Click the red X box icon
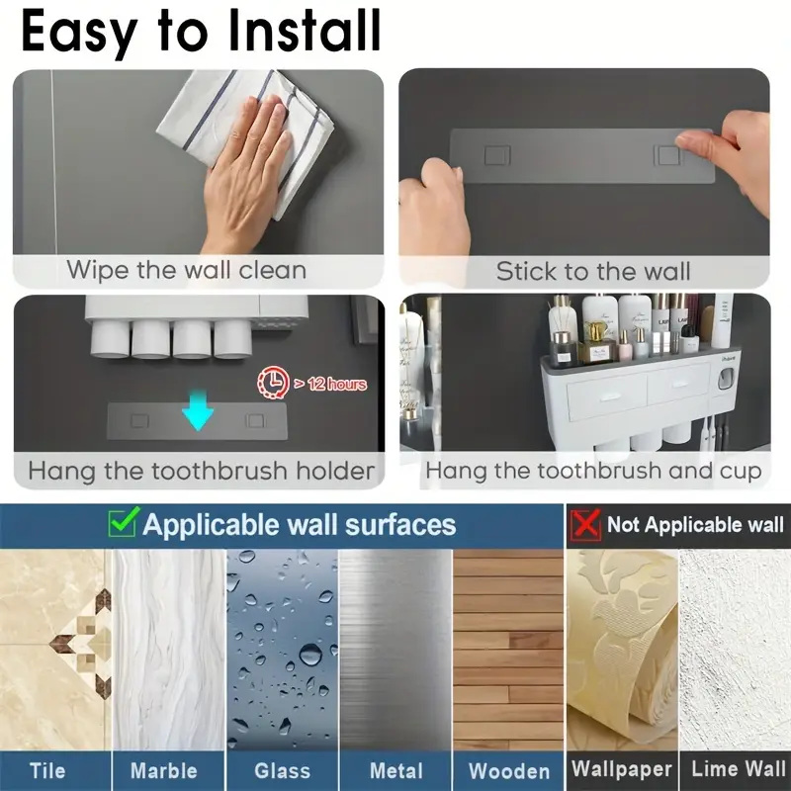586,525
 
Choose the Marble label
164,770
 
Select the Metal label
396,770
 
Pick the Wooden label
509,770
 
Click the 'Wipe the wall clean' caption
186,270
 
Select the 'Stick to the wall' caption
592,271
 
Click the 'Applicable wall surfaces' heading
299,524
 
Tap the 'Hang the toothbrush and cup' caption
593,471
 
